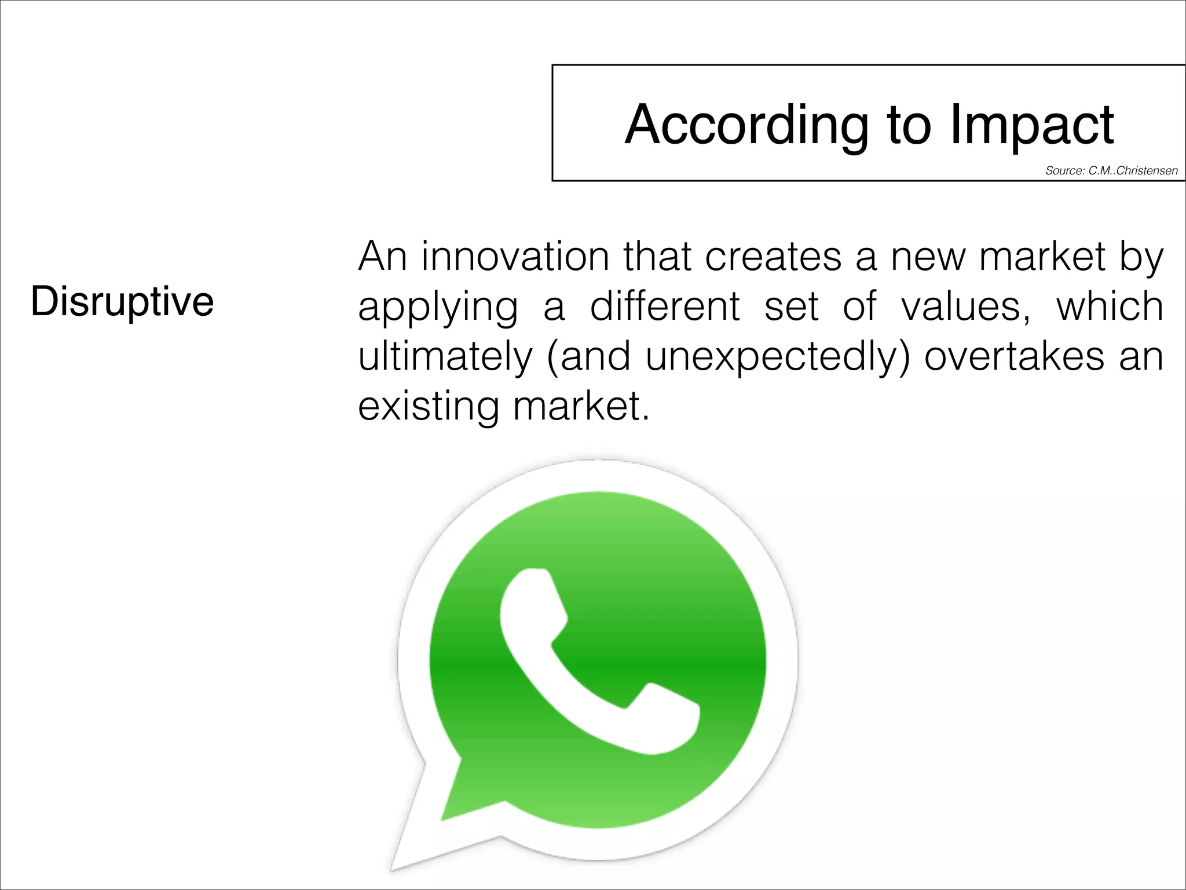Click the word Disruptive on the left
(122, 302)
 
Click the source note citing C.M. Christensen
(1111, 170)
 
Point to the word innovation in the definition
(515, 256)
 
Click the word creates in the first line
(773, 256)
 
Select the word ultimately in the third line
(445, 356)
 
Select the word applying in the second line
(438, 307)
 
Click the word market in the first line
(1042, 256)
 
